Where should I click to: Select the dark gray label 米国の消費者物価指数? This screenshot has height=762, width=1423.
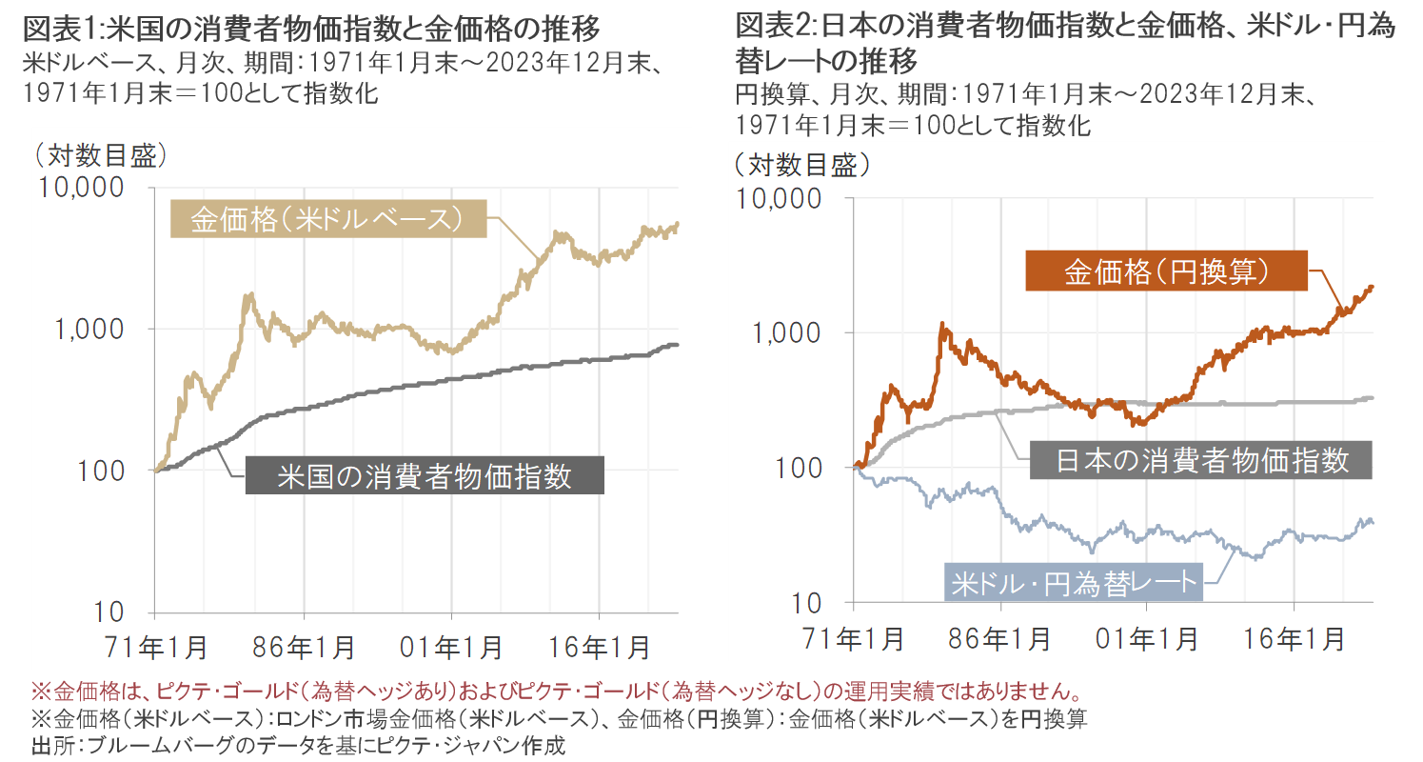(425, 475)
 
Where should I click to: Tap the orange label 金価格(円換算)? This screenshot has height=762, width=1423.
(1166, 271)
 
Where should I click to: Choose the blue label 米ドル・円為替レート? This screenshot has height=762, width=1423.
(1073, 581)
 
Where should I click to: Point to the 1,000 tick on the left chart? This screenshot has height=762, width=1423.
(92, 329)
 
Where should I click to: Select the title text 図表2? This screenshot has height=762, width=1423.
(771, 26)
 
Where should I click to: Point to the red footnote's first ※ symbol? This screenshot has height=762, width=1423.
(39, 690)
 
